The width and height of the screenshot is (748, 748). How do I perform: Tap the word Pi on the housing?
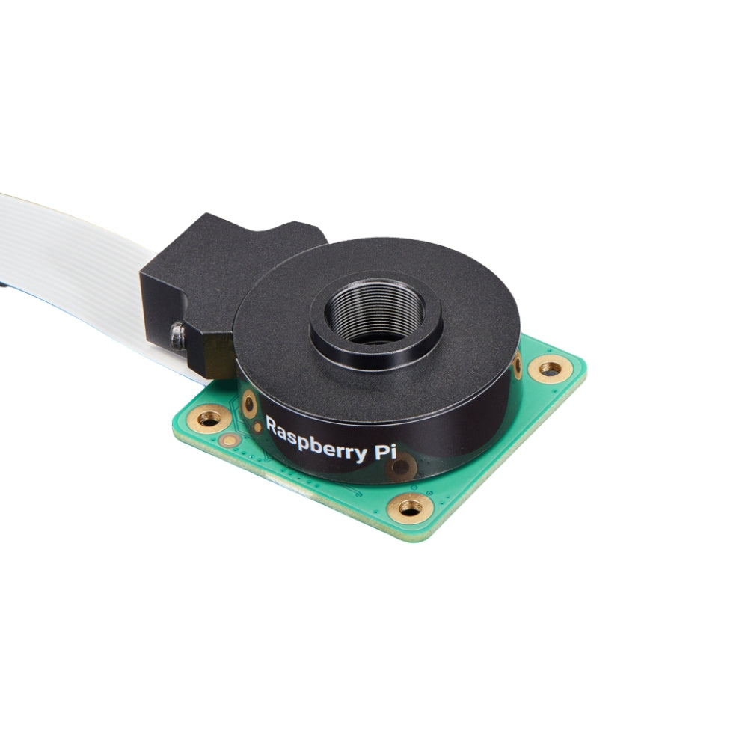[x=385, y=451]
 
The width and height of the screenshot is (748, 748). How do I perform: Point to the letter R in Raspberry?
[x=272, y=424]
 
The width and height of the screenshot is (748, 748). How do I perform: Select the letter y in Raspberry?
[x=361, y=454]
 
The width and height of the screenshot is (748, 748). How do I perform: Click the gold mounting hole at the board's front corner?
[x=410, y=509]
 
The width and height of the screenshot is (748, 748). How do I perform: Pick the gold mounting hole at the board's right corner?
[x=551, y=370]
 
